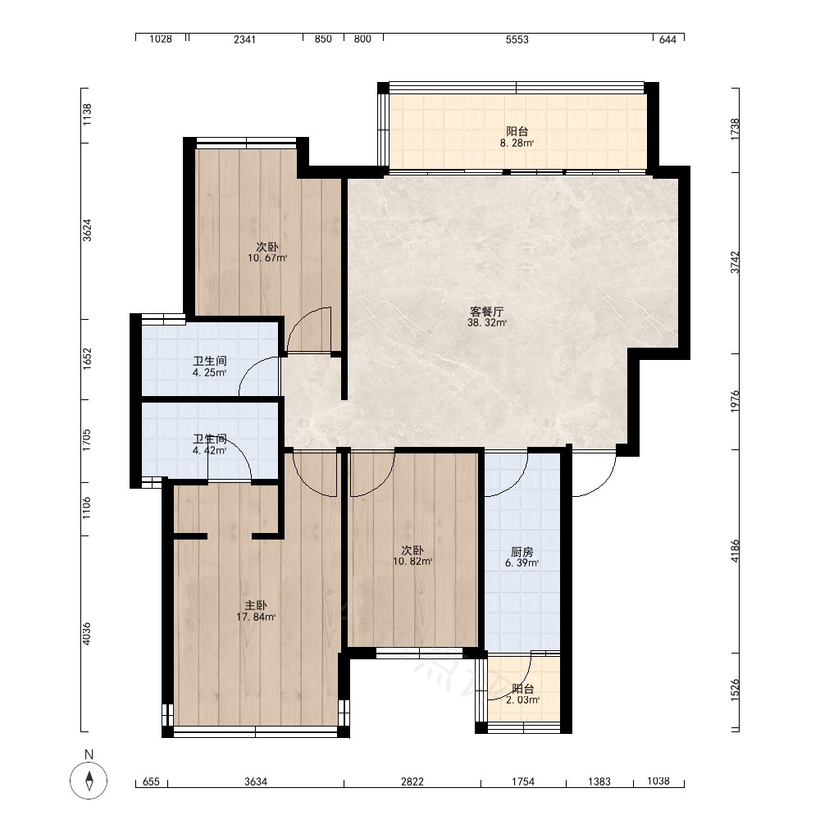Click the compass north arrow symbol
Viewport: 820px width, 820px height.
pos(89,781)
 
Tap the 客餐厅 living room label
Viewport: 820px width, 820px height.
pos(487,312)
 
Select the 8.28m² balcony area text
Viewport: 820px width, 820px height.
pos(517,143)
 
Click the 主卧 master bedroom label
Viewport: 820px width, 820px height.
pos(256,606)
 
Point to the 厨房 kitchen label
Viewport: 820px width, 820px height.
pos(522,552)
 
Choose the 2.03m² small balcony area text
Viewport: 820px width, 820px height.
pos(523,700)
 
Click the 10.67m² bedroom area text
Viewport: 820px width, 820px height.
pos(267,257)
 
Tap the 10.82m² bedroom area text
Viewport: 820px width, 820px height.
pos(412,562)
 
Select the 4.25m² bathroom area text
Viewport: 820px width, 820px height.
pos(210,373)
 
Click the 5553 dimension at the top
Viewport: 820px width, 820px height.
pos(517,39)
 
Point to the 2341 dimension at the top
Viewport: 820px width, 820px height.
pos(244,39)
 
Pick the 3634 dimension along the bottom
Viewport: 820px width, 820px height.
pos(256,781)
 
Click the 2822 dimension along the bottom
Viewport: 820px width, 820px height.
pos(412,781)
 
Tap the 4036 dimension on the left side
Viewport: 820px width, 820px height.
pos(87,633)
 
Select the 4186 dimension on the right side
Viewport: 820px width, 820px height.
pos(736,551)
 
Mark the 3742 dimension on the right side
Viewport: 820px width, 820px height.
pos(736,262)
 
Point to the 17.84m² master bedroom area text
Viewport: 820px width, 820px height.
pos(256,617)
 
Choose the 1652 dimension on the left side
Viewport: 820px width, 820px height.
pos(87,359)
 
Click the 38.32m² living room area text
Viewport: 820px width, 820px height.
pos(487,323)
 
